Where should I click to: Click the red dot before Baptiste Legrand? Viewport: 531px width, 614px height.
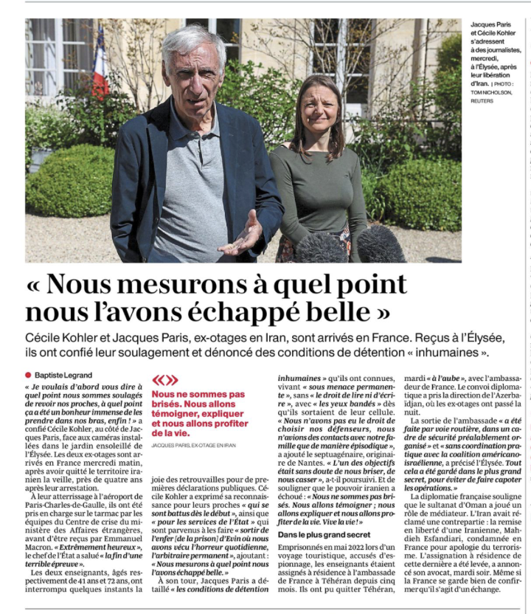pos(29,375)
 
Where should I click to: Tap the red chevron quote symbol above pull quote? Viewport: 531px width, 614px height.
pos(164,381)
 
